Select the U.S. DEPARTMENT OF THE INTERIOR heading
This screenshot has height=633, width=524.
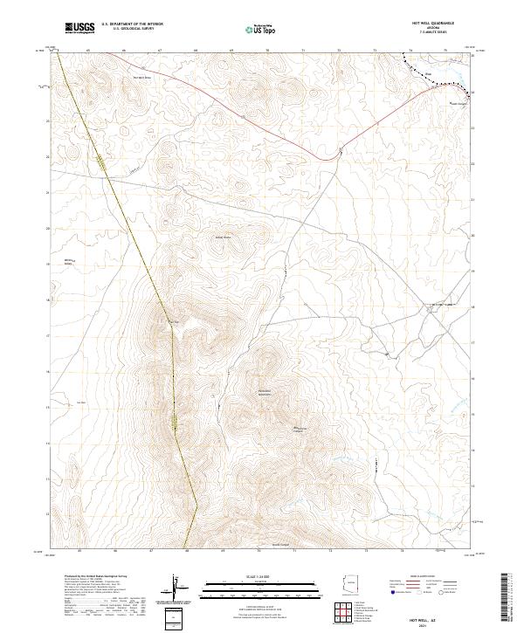coord(132,24)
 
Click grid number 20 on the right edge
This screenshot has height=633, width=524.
coord(472,236)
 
